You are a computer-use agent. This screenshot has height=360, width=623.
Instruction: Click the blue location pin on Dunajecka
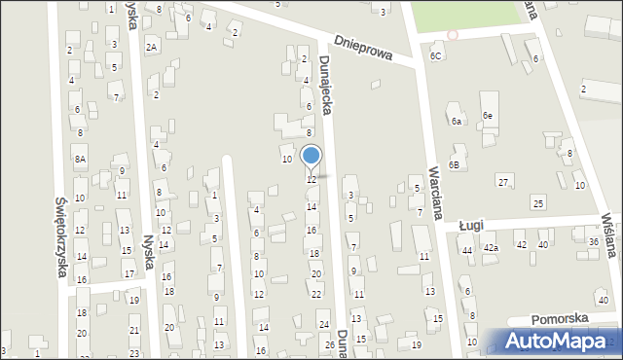click(311, 157)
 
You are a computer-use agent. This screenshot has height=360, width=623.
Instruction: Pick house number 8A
click(80, 158)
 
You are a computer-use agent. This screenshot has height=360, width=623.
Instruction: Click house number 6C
click(436, 56)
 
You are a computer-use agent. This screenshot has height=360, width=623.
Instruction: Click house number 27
click(503, 183)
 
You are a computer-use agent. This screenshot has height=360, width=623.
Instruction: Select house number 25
click(537, 202)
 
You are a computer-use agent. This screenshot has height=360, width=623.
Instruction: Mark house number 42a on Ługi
click(492, 248)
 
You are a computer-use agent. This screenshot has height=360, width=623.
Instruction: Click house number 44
click(467, 250)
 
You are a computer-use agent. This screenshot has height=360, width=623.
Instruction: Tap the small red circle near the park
click(452, 35)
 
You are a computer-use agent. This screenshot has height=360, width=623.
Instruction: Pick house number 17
click(128, 274)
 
